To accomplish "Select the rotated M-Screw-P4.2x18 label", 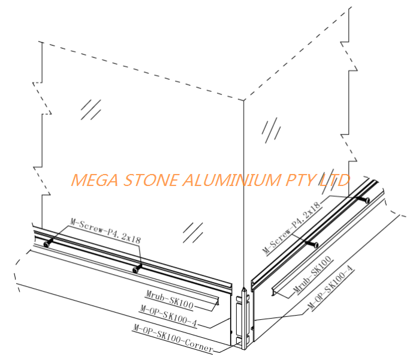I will [292, 226].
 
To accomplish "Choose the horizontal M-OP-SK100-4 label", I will [168, 308].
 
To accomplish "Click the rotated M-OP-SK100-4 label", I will [331, 287].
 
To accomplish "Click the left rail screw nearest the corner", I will [137, 269].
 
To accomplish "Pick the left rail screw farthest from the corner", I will [47, 244].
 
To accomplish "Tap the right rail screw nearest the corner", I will [311, 244].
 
